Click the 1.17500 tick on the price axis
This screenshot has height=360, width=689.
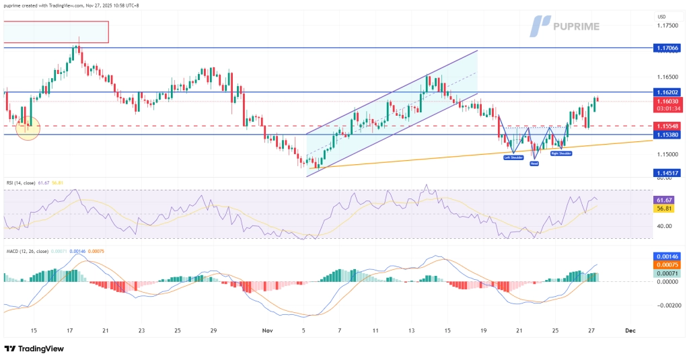tap(668, 26)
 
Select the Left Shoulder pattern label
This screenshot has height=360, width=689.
tap(513, 157)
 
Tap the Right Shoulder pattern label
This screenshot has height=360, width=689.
tap(561, 153)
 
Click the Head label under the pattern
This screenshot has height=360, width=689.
tap(534, 163)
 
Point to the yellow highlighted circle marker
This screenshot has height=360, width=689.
tap(28, 127)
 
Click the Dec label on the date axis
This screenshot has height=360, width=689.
tap(630, 330)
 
